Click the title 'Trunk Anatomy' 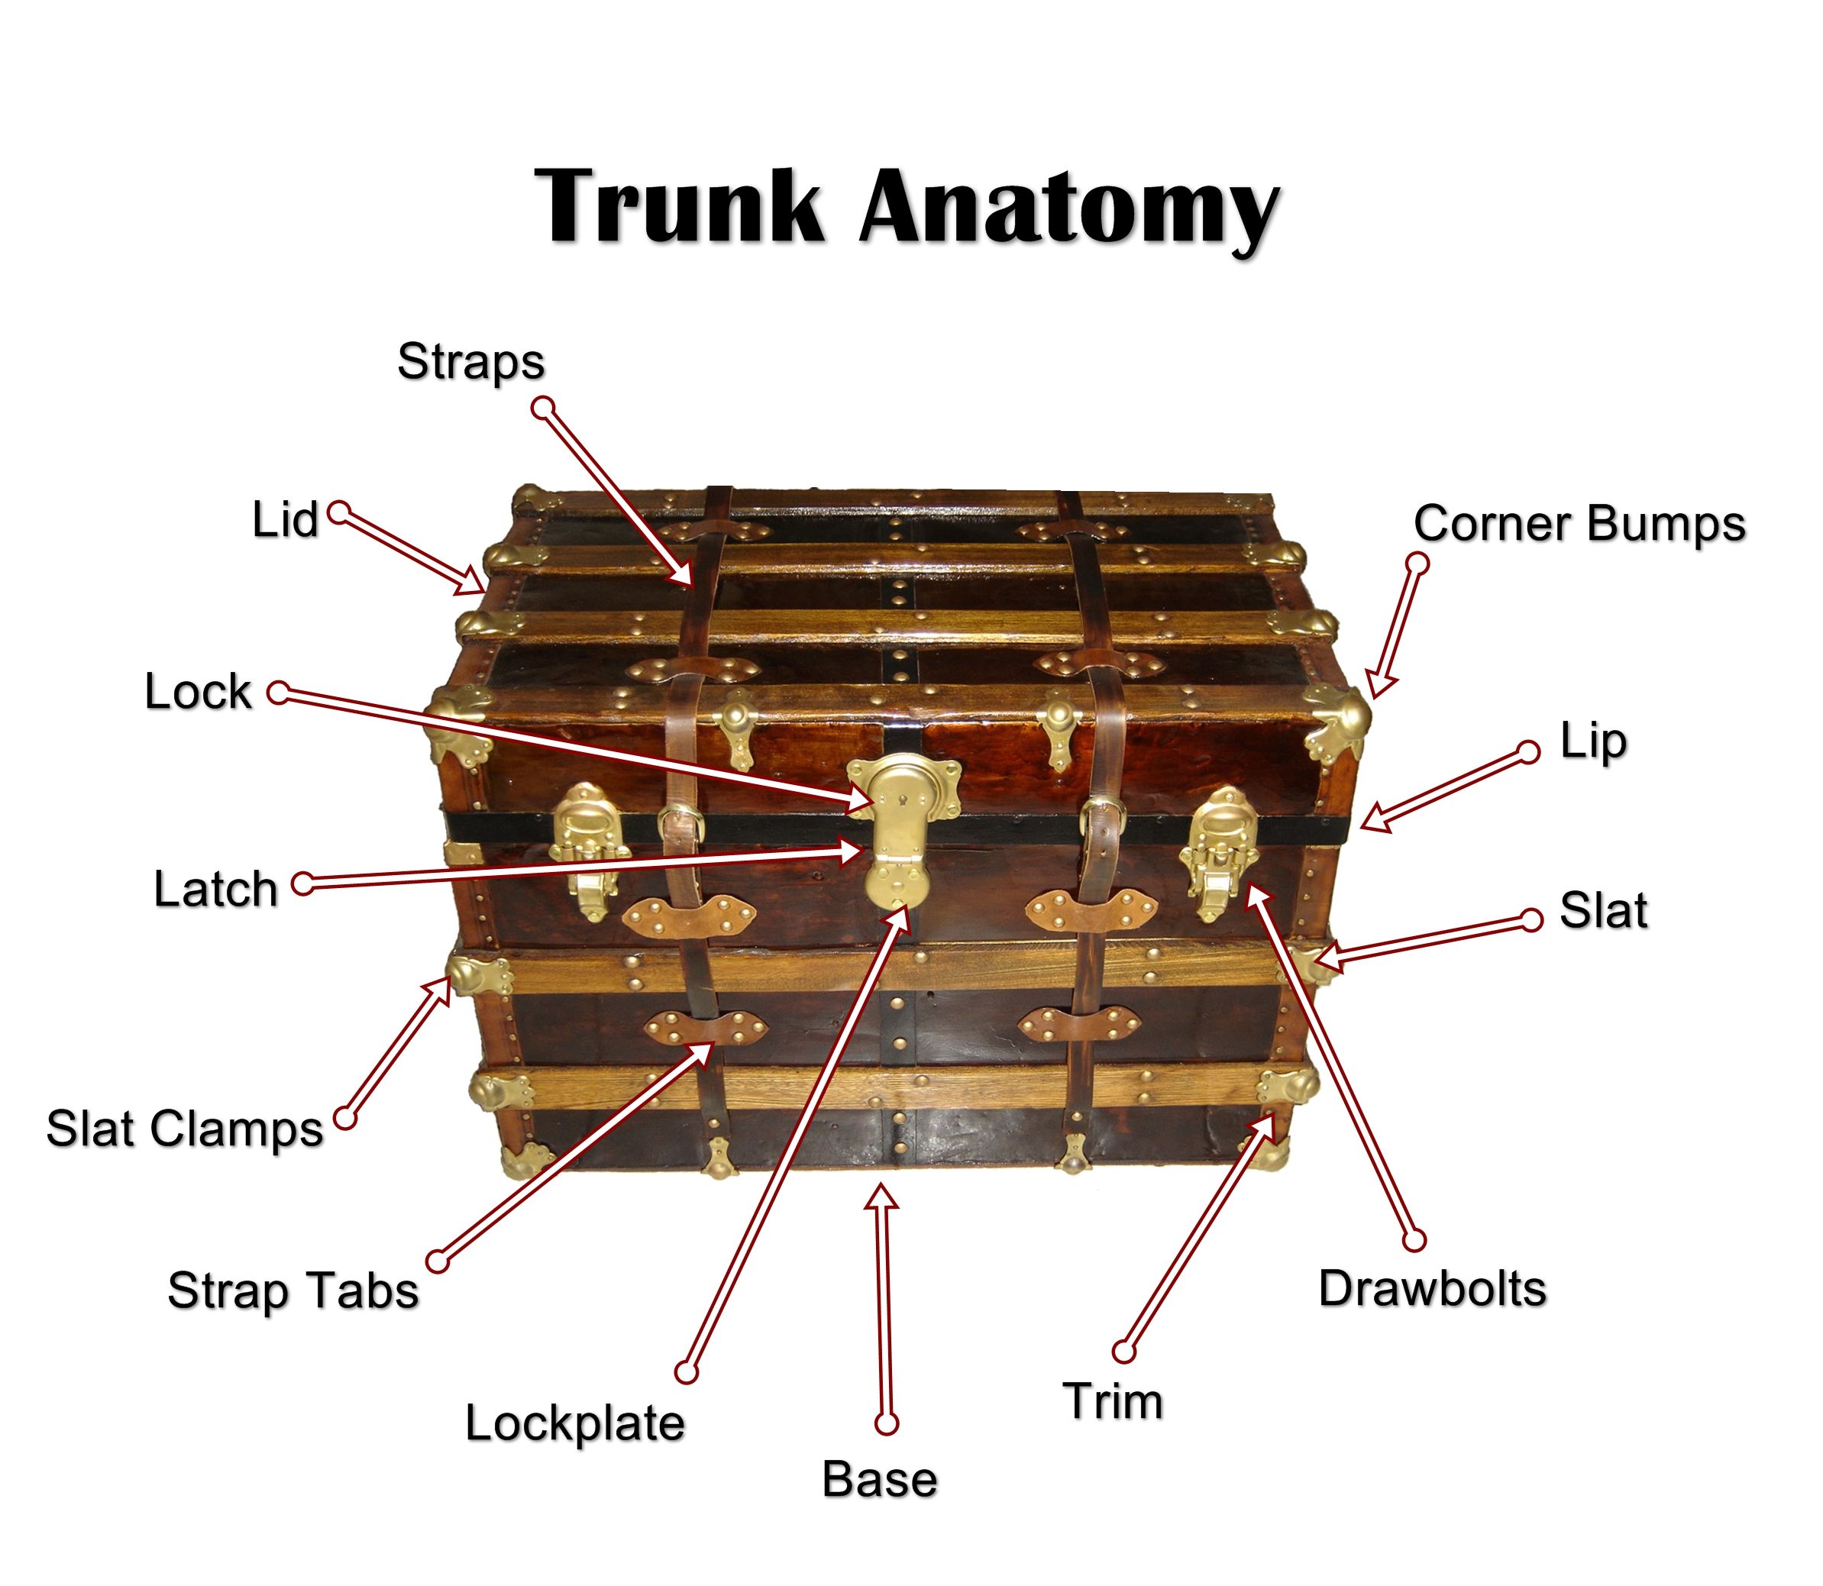(x=907, y=207)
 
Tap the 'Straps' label (x=470, y=361)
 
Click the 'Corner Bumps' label (x=1579, y=523)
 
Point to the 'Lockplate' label (x=575, y=1423)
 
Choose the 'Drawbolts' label (x=1432, y=1289)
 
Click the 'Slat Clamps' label (x=185, y=1129)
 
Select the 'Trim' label (x=1113, y=1401)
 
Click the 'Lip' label (x=1593, y=741)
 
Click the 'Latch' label (x=216, y=889)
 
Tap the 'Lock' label (x=199, y=691)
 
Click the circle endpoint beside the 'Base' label (x=886, y=1423)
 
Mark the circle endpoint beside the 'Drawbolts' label (x=1415, y=1241)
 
